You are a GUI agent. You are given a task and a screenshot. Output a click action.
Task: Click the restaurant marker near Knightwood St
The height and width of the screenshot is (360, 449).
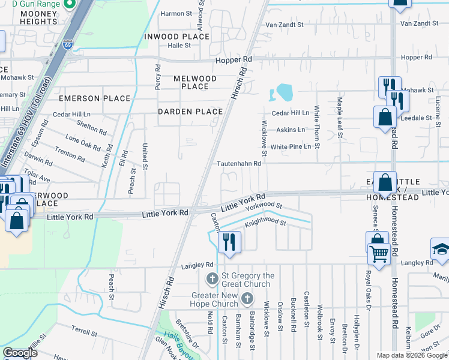(x=228, y=241)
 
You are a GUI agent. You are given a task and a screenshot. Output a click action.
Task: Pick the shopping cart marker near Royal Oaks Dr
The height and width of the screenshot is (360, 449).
(x=378, y=253)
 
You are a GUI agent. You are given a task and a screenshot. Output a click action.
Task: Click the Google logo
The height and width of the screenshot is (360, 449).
(x=19, y=353)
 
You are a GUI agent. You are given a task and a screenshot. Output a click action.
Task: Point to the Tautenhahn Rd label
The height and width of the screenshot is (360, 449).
(x=239, y=163)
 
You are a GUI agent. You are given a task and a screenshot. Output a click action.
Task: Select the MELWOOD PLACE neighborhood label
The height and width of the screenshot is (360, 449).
(x=195, y=82)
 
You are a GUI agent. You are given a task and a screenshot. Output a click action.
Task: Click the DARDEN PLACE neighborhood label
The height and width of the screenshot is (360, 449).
(x=190, y=112)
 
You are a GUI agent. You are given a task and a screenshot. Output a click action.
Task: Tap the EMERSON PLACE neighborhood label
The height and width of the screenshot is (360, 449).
(x=94, y=98)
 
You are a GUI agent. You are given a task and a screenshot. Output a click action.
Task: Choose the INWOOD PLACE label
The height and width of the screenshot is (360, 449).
(x=177, y=37)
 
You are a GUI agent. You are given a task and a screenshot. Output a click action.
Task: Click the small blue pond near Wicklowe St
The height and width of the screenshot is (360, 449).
(x=282, y=92)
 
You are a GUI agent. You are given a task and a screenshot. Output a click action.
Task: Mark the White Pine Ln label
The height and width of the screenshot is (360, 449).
(x=291, y=146)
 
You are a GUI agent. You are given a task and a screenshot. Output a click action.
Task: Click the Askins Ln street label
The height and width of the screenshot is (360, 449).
(x=291, y=130)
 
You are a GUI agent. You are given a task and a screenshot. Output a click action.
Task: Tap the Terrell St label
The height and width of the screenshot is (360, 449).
(x=85, y=331)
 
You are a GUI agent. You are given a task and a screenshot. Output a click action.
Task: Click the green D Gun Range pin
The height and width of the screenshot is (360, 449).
(x=69, y=5)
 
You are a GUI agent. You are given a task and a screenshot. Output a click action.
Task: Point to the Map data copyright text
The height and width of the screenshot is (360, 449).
(x=411, y=355)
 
